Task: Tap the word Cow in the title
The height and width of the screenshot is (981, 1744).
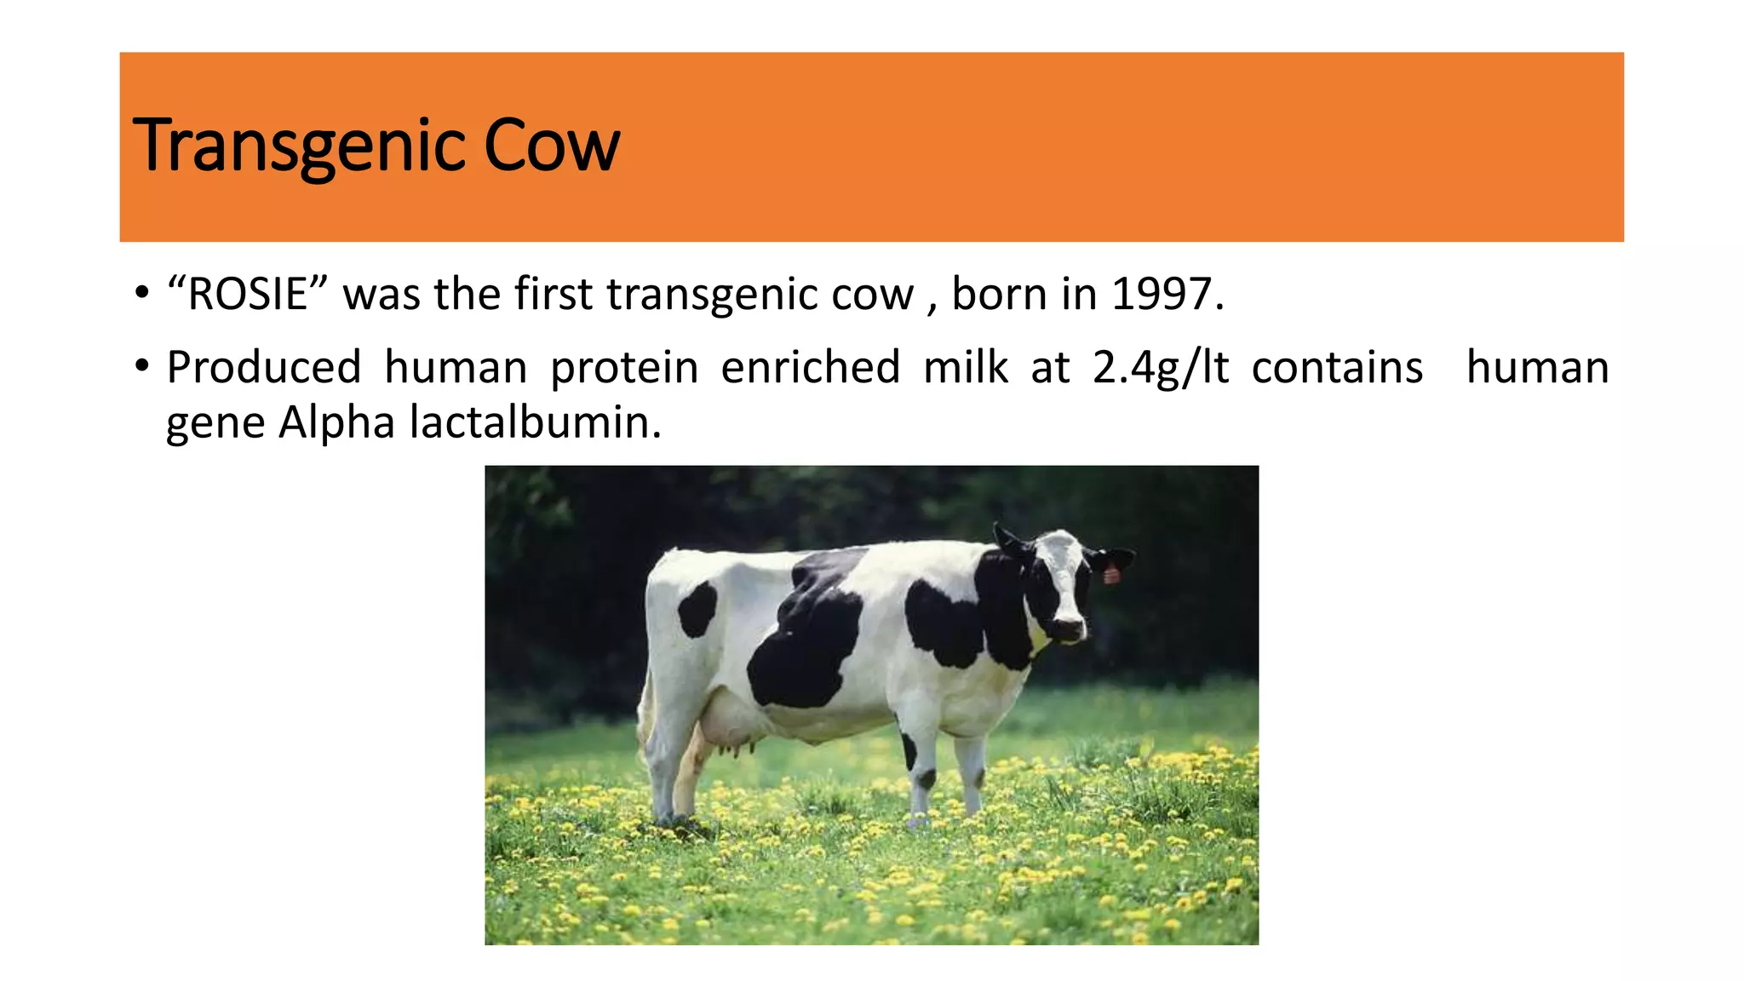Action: click(551, 146)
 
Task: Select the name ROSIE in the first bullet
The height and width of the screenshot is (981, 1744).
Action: click(247, 295)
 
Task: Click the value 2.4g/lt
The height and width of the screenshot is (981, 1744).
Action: click(1161, 368)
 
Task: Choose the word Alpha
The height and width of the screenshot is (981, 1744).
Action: click(336, 422)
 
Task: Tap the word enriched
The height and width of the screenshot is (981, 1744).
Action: click(810, 368)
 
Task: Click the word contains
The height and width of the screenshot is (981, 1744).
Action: click(1337, 368)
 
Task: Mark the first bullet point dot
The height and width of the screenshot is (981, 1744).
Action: click(141, 295)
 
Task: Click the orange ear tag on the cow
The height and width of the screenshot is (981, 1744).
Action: click(1111, 574)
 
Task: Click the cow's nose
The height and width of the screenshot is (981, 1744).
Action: click(1071, 628)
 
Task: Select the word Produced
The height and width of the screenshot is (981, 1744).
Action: click(264, 368)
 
